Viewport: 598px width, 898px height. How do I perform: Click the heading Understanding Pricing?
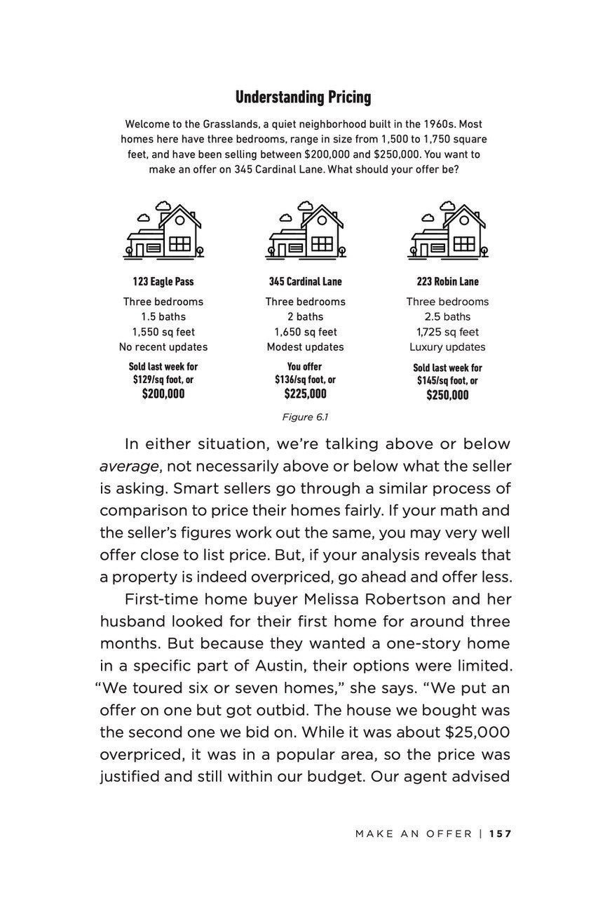pyautogui.click(x=303, y=97)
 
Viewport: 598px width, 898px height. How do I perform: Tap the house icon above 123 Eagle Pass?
pyautogui.click(x=164, y=230)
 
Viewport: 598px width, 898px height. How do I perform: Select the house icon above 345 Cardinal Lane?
pyautogui.click(x=305, y=230)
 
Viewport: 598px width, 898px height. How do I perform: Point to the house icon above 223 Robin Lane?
pyautogui.click(x=447, y=230)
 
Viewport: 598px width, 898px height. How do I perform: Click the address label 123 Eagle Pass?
pyautogui.click(x=163, y=281)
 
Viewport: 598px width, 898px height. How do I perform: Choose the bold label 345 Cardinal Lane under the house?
pyautogui.click(x=305, y=281)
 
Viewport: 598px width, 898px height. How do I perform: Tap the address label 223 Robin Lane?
pyautogui.click(x=447, y=281)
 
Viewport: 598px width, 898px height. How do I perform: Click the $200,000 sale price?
pyautogui.click(x=163, y=394)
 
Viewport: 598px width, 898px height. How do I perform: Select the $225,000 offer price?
pyautogui.click(x=305, y=394)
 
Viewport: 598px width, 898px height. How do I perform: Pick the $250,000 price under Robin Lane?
pyautogui.click(x=447, y=395)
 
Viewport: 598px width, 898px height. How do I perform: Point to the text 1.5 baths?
pyautogui.click(x=163, y=316)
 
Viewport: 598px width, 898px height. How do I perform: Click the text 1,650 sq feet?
pyautogui.click(x=305, y=332)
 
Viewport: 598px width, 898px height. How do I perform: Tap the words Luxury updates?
pyautogui.click(x=447, y=347)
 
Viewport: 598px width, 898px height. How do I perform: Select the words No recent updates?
pyautogui.click(x=163, y=347)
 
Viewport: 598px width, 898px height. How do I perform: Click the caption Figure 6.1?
pyautogui.click(x=305, y=417)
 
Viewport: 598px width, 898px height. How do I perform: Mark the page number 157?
pyautogui.click(x=501, y=833)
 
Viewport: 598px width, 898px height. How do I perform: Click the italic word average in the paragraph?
pyautogui.click(x=128, y=467)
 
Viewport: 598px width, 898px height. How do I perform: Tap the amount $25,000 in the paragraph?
pyautogui.click(x=477, y=732)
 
